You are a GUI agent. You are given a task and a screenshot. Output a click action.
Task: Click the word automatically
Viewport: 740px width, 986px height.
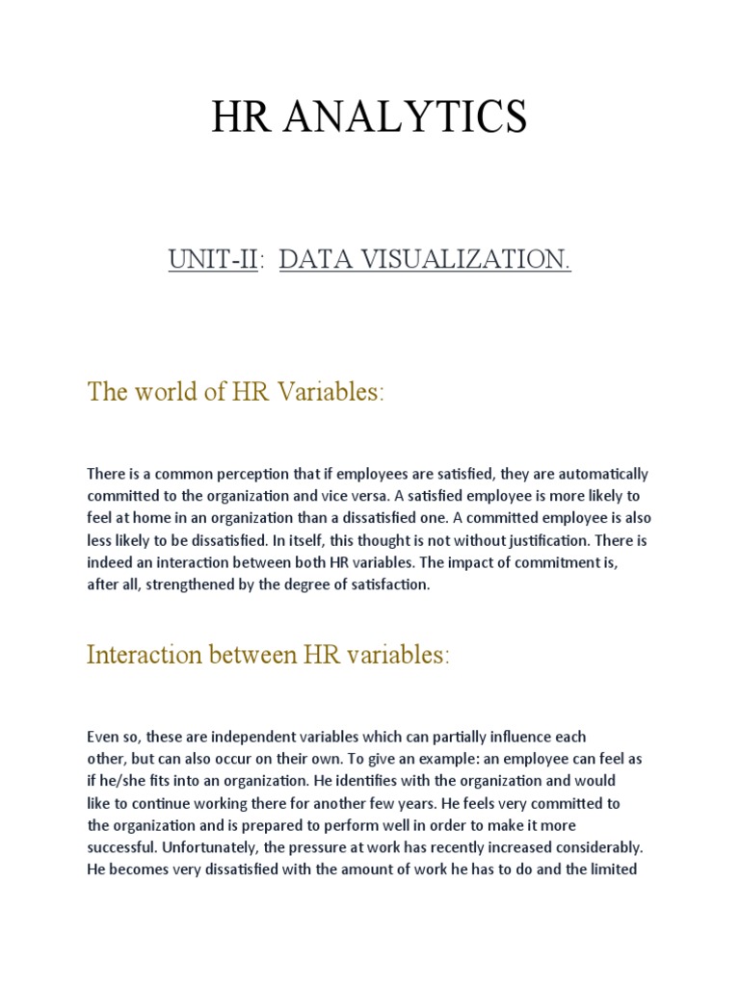pos(597,474)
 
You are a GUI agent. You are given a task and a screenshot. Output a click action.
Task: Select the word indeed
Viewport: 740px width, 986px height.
pos(110,562)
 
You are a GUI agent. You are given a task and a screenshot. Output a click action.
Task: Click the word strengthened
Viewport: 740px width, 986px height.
pos(202,584)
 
